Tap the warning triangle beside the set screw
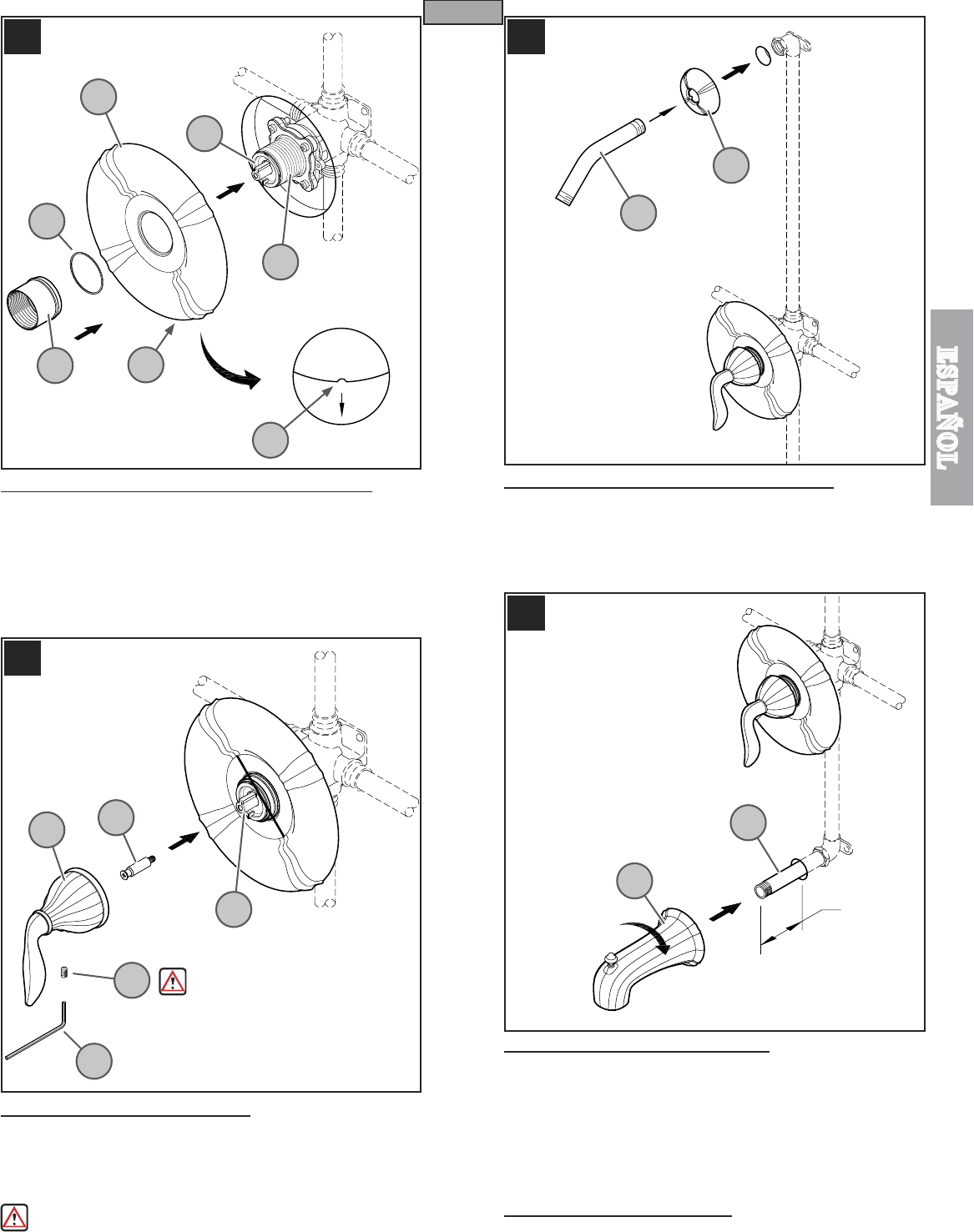pyautogui.click(x=173, y=981)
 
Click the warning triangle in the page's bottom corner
pyautogui.click(x=14, y=1216)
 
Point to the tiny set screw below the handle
pyautogui.click(x=64, y=972)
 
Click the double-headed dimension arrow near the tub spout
pyautogui.click(x=781, y=933)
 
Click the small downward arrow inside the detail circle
pyautogui.click(x=341, y=405)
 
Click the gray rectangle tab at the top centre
pyautogui.click(x=463, y=12)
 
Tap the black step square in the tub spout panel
pyautogui.click(x=526, y=613)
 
